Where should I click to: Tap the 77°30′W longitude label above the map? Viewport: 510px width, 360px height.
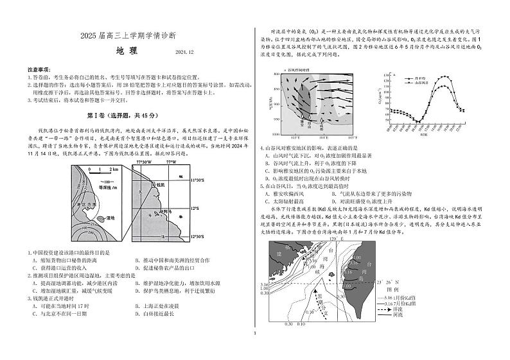pyautogui.click(x=144, y=162)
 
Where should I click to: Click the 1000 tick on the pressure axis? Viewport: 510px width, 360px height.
pyautogui.click(x=276, y=135)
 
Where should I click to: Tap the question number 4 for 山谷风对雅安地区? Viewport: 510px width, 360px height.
pyautogui.click(x=261, y=149)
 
